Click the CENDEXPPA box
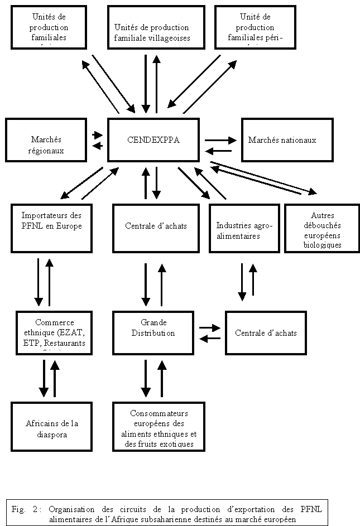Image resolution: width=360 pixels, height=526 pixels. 153,140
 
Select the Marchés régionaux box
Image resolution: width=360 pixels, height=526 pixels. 46,144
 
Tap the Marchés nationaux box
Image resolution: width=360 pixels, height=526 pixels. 287,139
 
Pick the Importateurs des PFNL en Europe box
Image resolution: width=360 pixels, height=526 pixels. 51,228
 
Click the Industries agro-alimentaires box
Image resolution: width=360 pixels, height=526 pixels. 244,228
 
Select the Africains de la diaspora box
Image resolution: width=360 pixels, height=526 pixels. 51,427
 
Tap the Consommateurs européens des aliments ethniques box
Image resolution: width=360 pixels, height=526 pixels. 159,427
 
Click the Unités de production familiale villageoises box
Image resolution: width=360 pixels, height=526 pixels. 152,27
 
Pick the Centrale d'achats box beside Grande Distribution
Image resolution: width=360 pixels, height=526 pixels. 266,333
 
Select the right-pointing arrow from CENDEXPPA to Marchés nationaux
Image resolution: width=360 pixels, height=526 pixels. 220,139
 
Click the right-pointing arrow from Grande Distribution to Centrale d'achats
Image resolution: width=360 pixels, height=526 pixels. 210,328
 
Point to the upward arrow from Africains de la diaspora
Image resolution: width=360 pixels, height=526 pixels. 55,378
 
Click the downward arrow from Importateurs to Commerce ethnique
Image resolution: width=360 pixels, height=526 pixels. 39,282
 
